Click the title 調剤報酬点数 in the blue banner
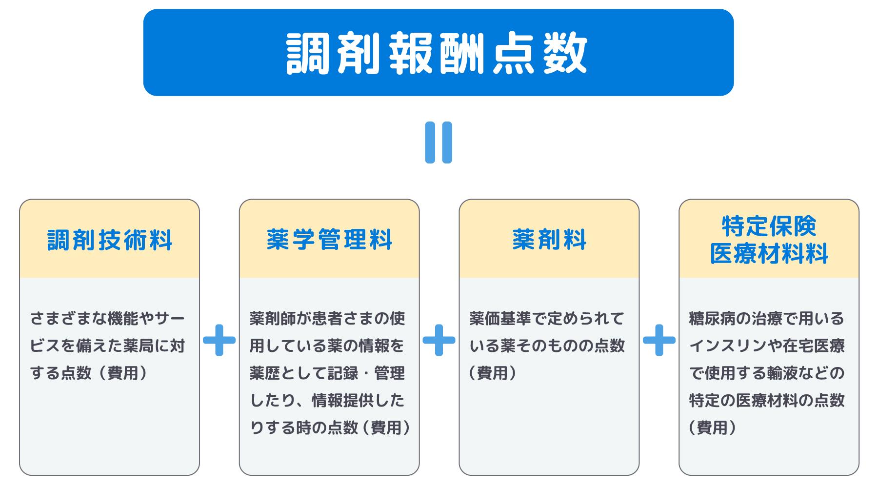(438, 53)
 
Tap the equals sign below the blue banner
(439, 142)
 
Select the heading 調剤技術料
(110, 240)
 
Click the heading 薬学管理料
(329, 240)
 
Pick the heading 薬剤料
(549, 240)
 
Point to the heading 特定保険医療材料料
(769, 240)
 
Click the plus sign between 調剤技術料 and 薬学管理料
(219, 340)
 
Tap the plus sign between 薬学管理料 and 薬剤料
(439, 340)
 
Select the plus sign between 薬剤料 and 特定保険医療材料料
(659, 340)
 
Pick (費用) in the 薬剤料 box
(493, 373)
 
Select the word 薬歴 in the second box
(265, 373)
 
